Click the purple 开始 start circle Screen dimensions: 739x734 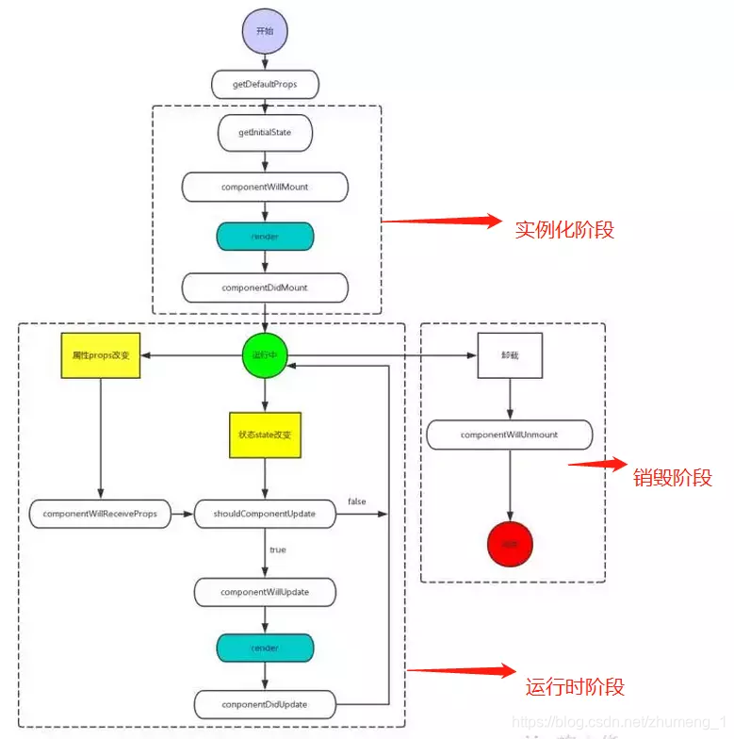tap(265, 30)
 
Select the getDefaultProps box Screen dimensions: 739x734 tap(265, 84)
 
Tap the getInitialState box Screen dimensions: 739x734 tap(265, 133)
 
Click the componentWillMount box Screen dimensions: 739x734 tap(265, 187)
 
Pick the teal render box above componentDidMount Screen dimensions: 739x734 tap(265, 237)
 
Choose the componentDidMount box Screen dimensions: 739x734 tap(265, 287)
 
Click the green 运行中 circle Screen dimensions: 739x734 tap(265, 356)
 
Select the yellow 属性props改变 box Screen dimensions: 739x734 tap(100, 356)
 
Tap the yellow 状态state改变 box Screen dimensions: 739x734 tap(265, 435)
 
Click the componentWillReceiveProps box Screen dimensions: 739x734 tap(100, 515)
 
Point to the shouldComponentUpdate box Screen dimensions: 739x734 tap(265, 515)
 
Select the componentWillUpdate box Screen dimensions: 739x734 tap(265, 592)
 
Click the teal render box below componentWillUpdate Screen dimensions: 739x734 tap(265, 649)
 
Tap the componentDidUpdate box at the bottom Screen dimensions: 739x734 tap(265, 703)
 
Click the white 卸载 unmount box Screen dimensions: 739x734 tap(510, 356)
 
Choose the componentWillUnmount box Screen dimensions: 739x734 tap(510, 435)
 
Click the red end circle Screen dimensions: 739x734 tap(510, 543)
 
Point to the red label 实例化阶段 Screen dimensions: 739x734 tap(564, 229)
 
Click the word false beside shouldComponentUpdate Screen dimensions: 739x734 tap(357, 501)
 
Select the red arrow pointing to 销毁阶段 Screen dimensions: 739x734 tap(597, 465)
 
